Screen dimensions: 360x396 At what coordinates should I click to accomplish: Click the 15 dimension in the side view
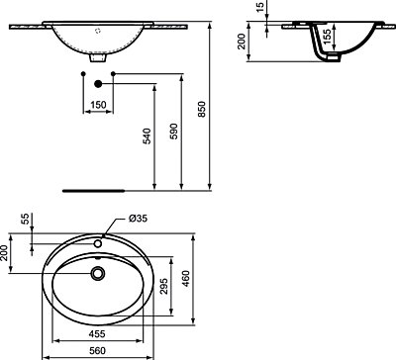click(259, 10)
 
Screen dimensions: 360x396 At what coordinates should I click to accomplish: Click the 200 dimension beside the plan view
click(6, 255)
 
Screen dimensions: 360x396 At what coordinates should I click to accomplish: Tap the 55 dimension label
click(27, 219)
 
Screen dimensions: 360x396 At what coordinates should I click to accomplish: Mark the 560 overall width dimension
click(96, 350)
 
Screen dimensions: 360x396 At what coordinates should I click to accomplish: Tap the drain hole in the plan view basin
click(96, 272)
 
